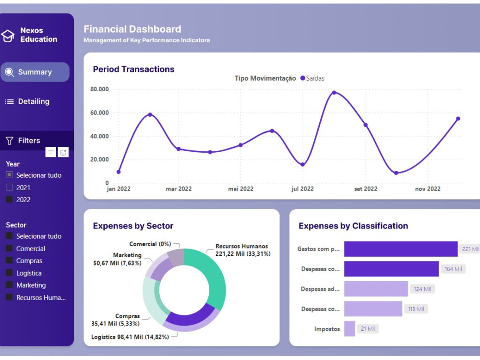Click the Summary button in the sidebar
coord(35,72)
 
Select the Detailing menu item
coord(34,102)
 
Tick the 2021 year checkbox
coord(9,188)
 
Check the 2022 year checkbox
coord(9,200)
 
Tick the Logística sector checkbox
coord(9,273)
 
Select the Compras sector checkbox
coord(9,261)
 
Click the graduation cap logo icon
coord(8,36)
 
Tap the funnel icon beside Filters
coord(9,141)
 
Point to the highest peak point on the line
coord(334,93)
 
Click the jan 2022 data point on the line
coord(119,172)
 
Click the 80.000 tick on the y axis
coord(99,89)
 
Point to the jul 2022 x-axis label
coord(302,189)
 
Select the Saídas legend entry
coord(312,78)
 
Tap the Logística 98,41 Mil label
coord(130,337)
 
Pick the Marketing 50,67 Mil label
coord(118,259)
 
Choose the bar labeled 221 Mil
coord(400,249)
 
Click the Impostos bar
coord(349,329)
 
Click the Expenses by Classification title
coord(353,226)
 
